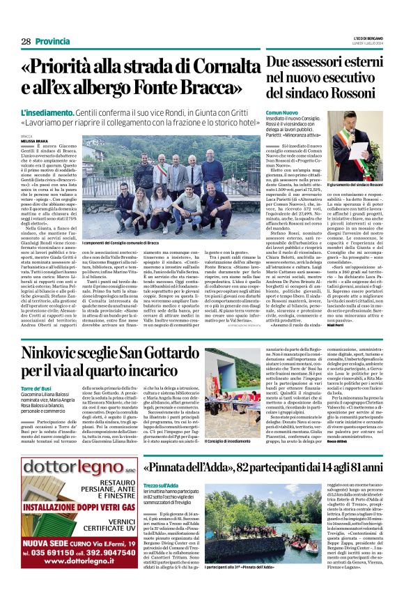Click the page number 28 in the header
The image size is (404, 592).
26,42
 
